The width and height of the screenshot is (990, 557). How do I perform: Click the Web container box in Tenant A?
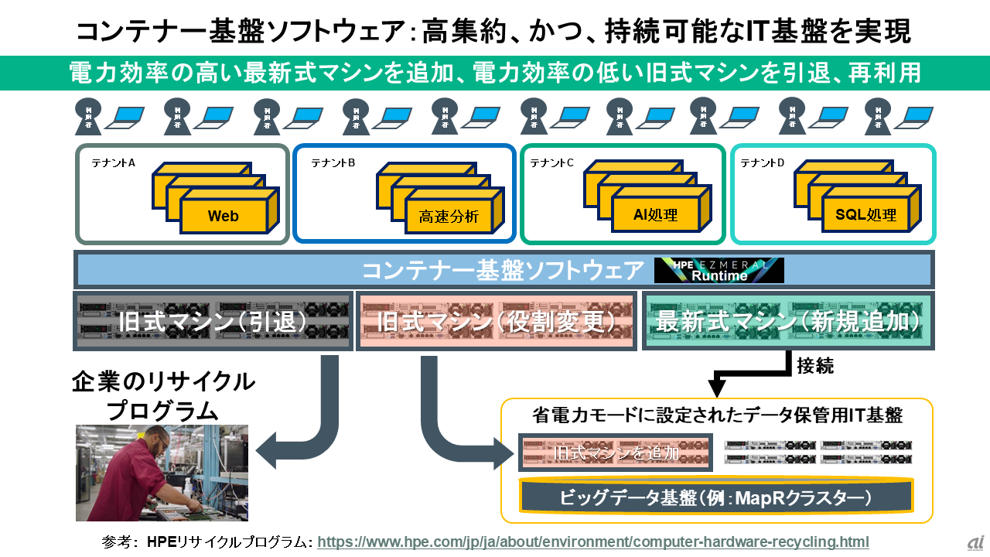pyautogui.click(x=224, y=216)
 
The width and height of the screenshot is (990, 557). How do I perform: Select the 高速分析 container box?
pyautogui.click(x=449, y=217)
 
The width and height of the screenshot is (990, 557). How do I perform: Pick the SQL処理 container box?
pyautogui.click(x=865, y=214)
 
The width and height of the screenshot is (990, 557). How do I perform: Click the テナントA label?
pyautogui.click(x=114, y=163)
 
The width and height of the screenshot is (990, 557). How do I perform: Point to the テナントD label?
pyautogui.click(x=763, y=163)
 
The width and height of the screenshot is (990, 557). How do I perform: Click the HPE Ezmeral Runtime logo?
pyautogui.click(x=719, y=270)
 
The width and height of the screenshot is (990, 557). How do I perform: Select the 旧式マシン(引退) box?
pyautogui.click(x=213, y=320)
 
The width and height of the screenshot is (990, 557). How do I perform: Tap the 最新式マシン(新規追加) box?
pyautogui.click(x=787, y=320)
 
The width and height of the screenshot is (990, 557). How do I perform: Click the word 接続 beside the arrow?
pyautogui.click(x=815, y=367)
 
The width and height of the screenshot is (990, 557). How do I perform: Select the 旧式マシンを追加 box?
pyautogui.click(x=615, y=453)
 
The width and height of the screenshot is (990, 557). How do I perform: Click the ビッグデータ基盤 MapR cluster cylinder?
pyautogui.click(x=716, y=497)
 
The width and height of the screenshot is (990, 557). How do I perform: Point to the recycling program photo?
pyautogui.click(x=162, y=472)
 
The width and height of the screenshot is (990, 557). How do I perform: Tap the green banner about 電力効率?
pyautogui.click(x=495, y=73)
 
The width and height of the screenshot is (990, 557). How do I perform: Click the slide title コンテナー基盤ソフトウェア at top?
pyautogui.click(x=495, y=31)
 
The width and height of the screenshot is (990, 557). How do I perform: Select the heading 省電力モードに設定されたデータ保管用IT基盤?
pyautogui.click(x=717, y=415)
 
